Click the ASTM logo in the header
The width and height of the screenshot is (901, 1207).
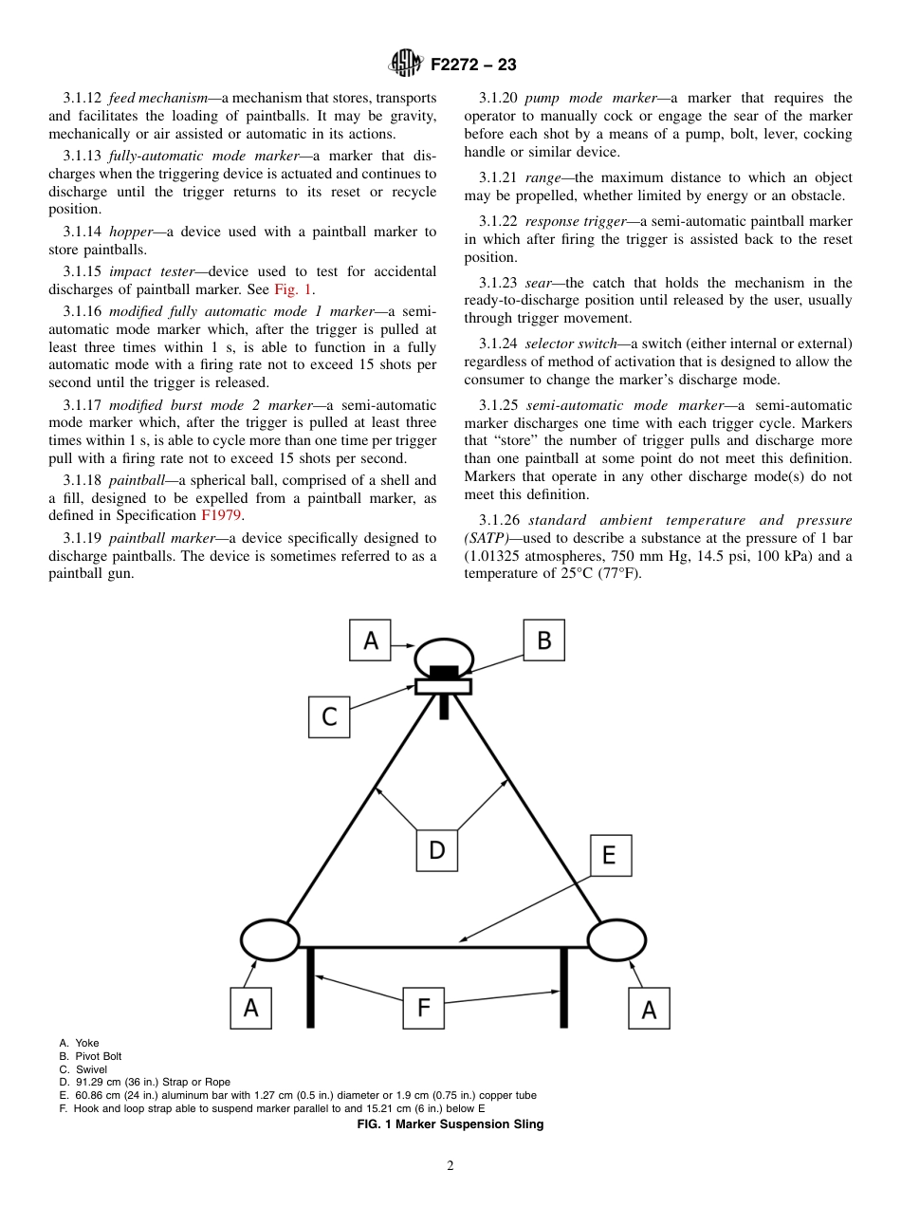pos(405,65)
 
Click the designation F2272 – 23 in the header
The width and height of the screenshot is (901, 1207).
pos(473,65)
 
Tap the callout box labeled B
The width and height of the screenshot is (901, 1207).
pos(543,641)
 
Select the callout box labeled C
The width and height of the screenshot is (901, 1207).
pos(329,716)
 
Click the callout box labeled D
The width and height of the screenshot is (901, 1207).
pos(436,850)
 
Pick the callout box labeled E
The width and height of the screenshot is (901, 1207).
pos(610,855)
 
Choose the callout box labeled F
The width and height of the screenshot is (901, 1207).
pos(423,1008)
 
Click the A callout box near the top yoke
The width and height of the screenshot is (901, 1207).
pos(370,641)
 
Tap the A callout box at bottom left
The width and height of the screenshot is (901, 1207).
pos(250,1008)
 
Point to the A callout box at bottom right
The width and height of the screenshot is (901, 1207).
pos(649,1009)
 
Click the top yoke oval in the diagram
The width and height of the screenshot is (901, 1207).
pos(443,656)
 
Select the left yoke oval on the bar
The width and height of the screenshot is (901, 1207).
pos(270,940)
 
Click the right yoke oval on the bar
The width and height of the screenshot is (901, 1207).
pos(617,940)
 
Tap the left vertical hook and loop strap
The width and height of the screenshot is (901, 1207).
pos(310,987)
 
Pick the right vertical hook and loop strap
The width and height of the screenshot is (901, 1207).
pos(563,987)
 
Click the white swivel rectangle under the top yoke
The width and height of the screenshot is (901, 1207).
pos(443,686)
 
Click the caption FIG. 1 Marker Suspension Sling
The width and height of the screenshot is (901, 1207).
pos(450,1124)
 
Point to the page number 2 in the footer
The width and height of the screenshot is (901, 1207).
pos(450,1166)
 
